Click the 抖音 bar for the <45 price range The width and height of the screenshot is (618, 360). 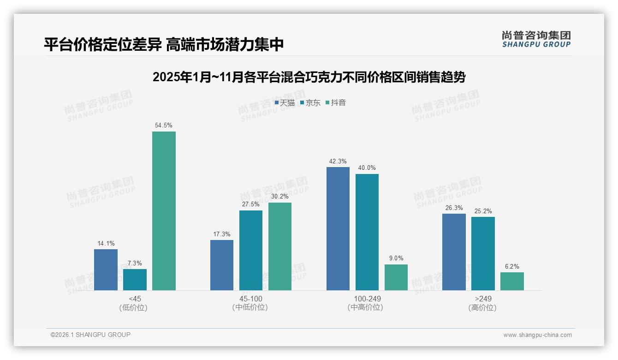pos(164,211)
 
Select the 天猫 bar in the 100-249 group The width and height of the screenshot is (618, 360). pos(338,228)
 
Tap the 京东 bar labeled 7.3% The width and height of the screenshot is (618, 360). pos(135,280)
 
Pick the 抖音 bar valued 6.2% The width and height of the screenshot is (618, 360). pos(512,281)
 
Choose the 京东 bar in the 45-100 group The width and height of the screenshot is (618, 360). pos(251,250)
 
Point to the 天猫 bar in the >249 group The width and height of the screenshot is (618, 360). pos(454,252)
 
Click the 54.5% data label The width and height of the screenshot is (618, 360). pos(164,126)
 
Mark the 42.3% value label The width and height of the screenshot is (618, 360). pos(338,161)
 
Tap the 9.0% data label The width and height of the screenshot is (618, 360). pos(396,258)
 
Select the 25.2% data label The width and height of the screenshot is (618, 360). pos(483,211)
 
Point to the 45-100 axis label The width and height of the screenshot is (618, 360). pos(251,299)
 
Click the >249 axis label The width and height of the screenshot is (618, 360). pos(483,299)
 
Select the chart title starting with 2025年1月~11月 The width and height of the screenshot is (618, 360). pos(309,77)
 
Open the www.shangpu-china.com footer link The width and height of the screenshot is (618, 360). pos(537,335)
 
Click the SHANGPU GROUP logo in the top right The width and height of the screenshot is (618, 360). pos(536,39)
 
